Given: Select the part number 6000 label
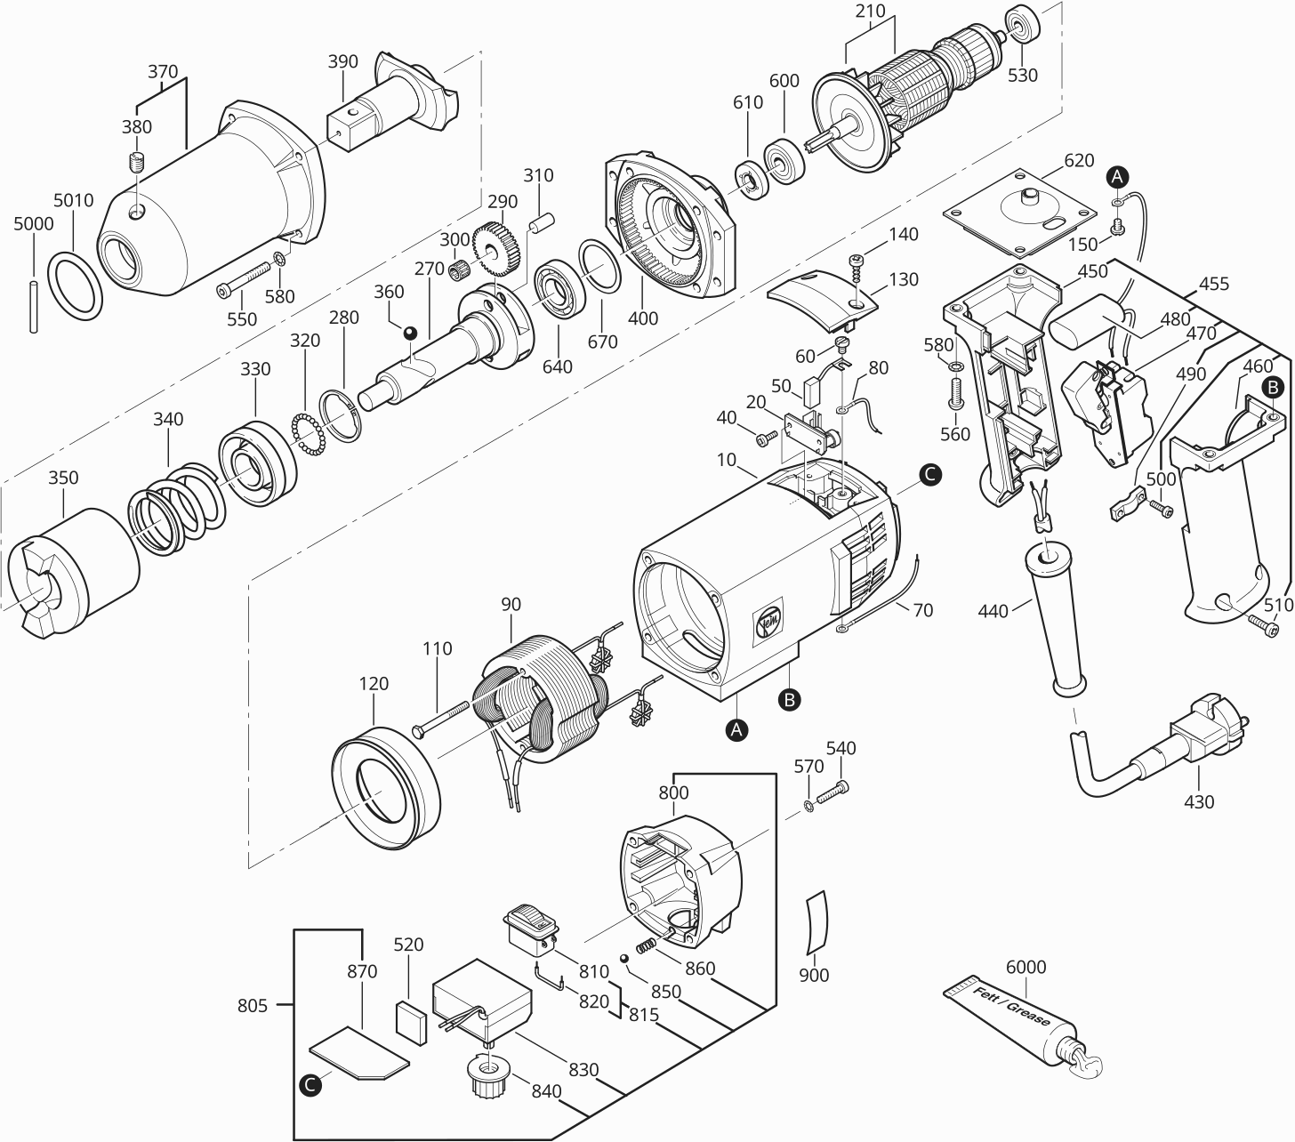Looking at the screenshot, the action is (x=1026, y=967).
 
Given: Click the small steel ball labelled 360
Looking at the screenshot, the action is (x=409, y=333).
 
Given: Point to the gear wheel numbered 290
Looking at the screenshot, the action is (x=496, y=248).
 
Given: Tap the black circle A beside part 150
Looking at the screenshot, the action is (x=1117, y=176).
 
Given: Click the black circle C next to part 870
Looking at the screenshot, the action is (x=310, y=1084).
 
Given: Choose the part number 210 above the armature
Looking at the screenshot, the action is (x=871, y=11).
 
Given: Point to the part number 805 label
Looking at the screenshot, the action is (x=253, y=1005).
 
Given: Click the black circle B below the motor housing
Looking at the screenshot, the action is (x=790, y=700).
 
